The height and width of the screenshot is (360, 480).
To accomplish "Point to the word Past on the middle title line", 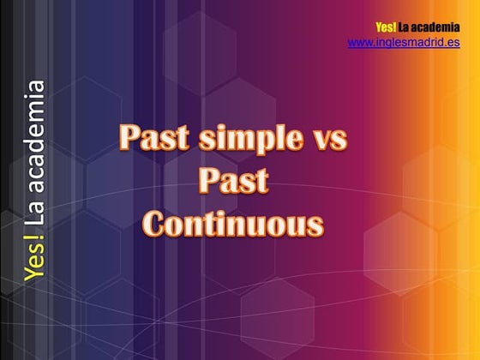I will point(233,182).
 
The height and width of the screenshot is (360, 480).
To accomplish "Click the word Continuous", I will point(233,224).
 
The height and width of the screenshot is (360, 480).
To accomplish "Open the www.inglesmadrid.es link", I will point(404,42).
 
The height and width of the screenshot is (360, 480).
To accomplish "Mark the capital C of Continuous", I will point(154,224).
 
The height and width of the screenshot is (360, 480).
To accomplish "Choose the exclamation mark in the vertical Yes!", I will point(35,238).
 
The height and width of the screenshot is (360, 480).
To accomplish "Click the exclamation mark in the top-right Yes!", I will point(395,28).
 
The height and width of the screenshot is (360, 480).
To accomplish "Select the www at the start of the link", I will point(358,43).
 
